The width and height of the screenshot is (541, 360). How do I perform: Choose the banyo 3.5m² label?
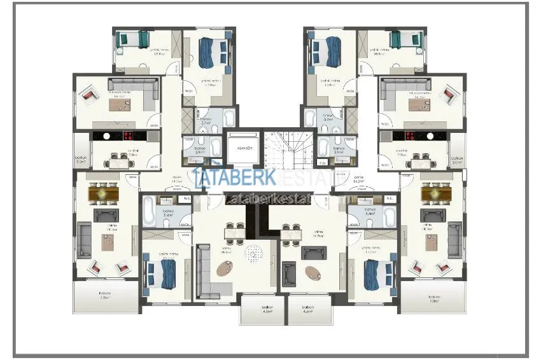339,151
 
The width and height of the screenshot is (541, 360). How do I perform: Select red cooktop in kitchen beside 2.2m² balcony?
127,135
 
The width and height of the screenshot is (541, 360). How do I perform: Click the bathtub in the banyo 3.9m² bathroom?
214,150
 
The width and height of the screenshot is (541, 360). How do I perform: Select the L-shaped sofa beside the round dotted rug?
205,271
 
